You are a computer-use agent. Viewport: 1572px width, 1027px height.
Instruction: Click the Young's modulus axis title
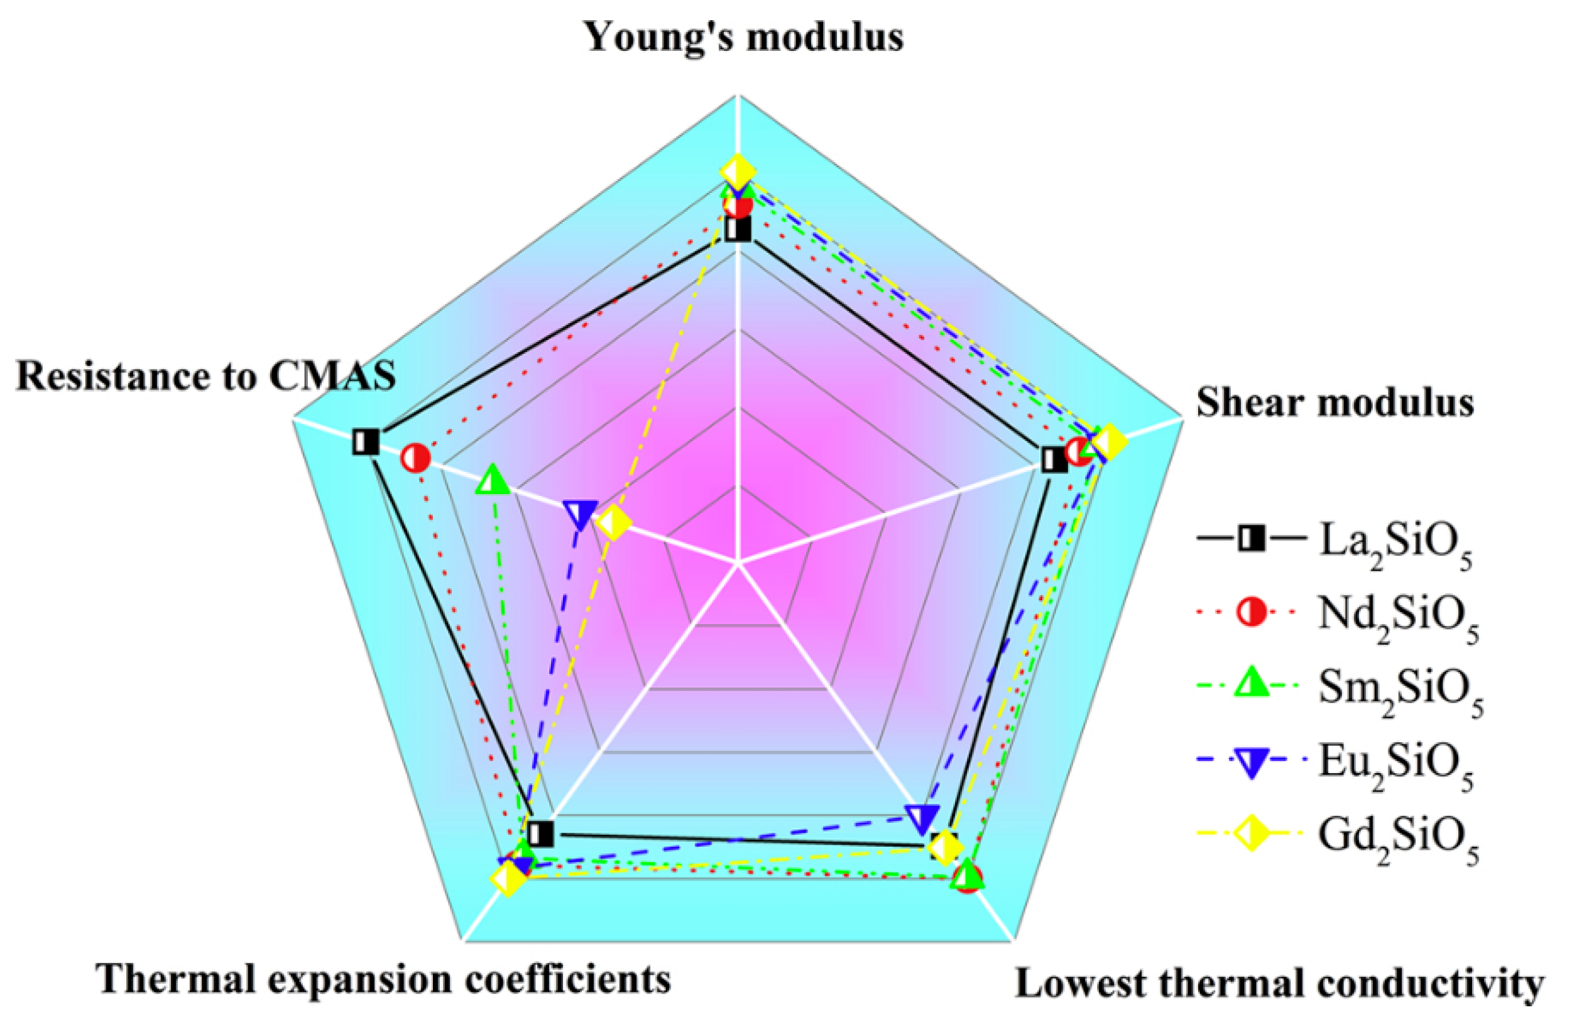(x=745, y=37)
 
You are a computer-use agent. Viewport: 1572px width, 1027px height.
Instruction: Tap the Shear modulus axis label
(x=1335, y=402)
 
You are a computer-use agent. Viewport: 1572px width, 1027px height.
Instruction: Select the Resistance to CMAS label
(x=205, y=376)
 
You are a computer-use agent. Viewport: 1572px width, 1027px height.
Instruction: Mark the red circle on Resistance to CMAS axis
(x=415, y=458)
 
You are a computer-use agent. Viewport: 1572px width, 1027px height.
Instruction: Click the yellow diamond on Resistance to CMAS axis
(x=613, y=524)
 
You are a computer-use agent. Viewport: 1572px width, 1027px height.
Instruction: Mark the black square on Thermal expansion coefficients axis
(x=542, y=833)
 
